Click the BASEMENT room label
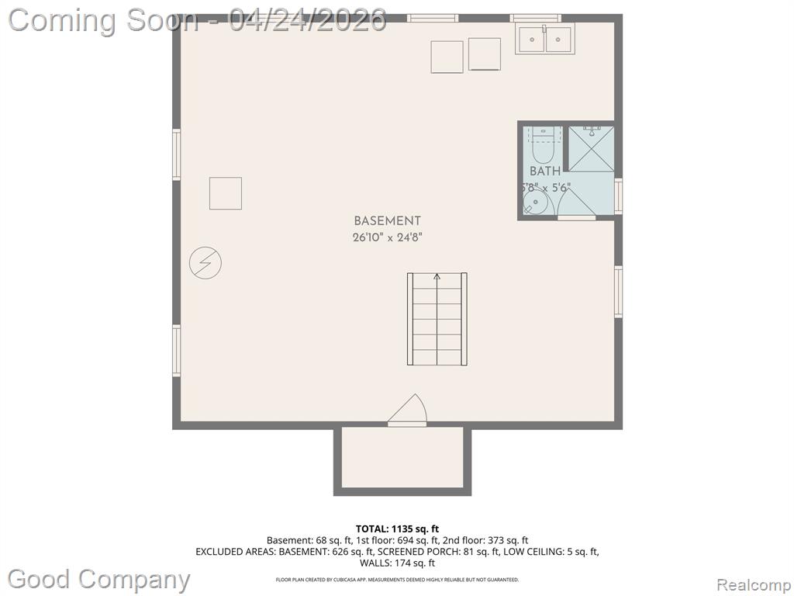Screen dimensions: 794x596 (387, 221)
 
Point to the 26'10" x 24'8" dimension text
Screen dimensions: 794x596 (388, 237)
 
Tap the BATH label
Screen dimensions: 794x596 (545, 172)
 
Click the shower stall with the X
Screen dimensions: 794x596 (591, 149)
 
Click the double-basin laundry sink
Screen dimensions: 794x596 (545, 40)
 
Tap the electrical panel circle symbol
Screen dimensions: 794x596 (205, 262)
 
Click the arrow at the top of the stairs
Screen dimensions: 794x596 (437, 276)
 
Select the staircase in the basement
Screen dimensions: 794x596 (437, 319)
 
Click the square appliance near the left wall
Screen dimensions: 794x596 (226, 193)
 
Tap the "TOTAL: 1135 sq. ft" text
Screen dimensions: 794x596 (397, 529)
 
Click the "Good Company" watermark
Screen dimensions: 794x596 (98, 579)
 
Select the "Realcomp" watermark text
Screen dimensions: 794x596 (754, 584)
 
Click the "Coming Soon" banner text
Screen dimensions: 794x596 (103, 20)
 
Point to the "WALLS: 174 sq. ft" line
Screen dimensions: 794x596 (397, 563)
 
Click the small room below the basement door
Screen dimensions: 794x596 (402, 458)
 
